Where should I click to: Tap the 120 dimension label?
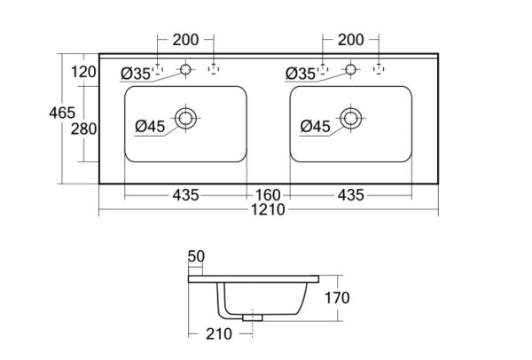tap(82, 72)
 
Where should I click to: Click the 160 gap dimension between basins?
tap(268, 194)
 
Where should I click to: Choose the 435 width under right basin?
tap(348, 194)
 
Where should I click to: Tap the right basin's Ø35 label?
tap(301, 74)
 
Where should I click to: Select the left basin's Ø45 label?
tap(151, 127)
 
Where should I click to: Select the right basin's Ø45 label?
tap(316, 127)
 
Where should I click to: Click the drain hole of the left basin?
tap(186, 118)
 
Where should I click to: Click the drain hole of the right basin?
tap(351, 118)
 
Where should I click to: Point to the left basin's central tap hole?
tap(186, 68)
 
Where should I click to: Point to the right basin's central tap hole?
tap(351, 68)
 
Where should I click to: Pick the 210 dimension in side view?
tap(219, 334)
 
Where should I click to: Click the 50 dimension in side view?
tap(196, 256)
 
